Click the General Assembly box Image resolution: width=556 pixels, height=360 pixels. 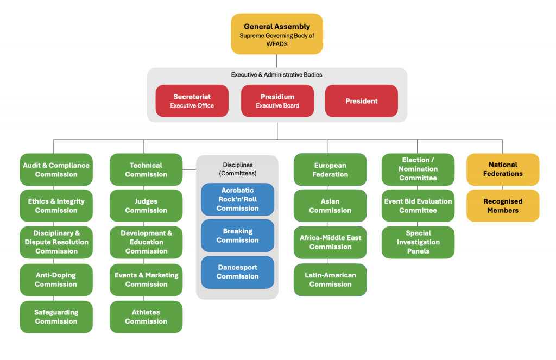point(277,34)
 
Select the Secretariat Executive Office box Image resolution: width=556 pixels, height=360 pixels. point(192,101)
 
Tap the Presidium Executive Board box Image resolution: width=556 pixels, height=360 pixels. point(277,101)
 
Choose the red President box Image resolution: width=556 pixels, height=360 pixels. point(361,101)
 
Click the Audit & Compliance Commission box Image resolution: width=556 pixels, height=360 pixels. point(56,169)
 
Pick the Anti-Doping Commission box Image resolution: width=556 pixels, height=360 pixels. point(56,280)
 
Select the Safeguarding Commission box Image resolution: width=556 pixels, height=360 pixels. point(56,317)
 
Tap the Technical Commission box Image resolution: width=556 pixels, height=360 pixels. point(146,169)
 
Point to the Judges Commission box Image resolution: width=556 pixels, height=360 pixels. point(146,206)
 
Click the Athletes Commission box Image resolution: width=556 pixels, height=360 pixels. point(146,317)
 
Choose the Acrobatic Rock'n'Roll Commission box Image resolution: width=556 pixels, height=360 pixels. point(237,199)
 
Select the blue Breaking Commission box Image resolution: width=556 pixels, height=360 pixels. point(237,236)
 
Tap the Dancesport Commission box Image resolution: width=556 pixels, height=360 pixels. point(237,272)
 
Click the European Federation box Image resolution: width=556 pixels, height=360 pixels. point(330,169)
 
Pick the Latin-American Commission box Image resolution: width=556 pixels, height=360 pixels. point(330,280)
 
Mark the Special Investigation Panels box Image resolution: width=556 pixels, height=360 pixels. point(418,242)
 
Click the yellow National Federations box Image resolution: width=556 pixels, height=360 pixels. point(503,169)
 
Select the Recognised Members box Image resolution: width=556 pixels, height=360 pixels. point(503,206)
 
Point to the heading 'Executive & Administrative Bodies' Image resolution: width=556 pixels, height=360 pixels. point(277,74)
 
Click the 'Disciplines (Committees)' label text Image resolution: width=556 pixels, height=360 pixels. point(237,169)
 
